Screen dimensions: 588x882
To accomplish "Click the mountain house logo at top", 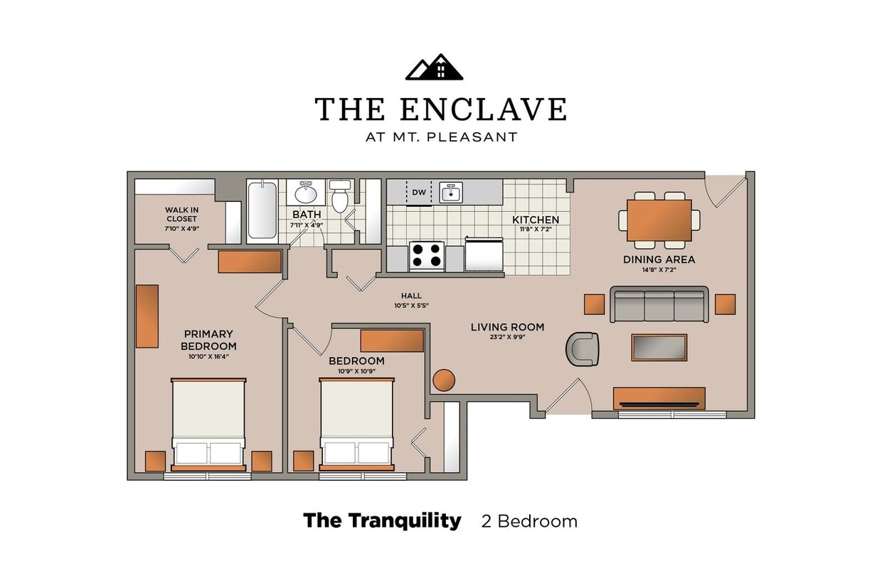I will [434, 68].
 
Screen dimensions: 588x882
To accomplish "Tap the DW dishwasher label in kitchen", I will [419, 192].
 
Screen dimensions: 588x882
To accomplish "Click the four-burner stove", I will [426, 256].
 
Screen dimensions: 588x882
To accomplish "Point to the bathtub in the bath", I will [262, 210].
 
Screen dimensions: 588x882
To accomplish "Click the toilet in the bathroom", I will [340, 198].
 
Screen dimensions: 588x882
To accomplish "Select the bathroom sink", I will [307, 193].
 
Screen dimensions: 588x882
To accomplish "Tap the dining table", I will [659, 220].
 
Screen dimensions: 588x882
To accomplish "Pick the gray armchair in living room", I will [583, 349].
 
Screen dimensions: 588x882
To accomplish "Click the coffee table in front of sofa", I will [659, 347].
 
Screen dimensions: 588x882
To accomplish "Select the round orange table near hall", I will [444, 380].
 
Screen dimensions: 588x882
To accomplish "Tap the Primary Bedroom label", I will [208, 340].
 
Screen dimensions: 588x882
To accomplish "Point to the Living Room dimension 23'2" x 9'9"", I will [507, 338].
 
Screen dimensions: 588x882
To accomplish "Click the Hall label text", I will [411, 296].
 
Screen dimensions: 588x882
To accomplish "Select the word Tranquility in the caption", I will [404, 520].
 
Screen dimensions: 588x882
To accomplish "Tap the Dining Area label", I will [659, 260].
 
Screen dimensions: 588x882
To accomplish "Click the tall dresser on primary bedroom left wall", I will [147, 316].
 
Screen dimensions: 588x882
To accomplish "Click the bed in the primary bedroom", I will [208, 424].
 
